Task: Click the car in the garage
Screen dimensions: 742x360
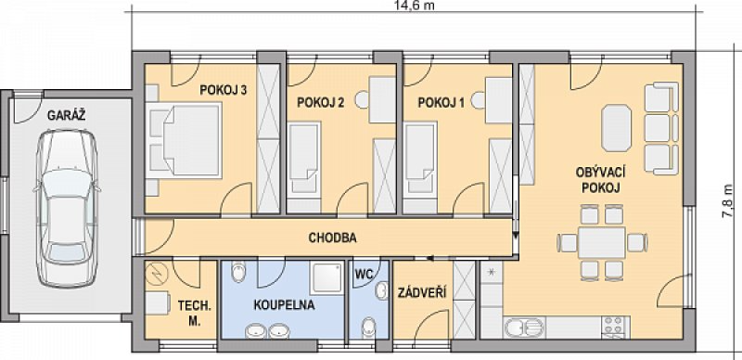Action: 67,209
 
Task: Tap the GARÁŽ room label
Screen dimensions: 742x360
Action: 66,115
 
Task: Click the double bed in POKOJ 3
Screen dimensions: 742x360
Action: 184,140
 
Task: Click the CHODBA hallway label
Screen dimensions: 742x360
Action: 332,238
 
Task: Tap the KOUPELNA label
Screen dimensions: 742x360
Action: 284,305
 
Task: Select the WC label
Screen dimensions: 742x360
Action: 365,274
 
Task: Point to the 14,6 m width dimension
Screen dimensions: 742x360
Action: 414,6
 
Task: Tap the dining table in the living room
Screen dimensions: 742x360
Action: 602,242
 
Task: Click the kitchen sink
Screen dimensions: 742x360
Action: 524,328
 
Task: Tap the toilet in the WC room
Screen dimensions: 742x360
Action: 368,328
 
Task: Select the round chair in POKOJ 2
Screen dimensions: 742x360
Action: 363,99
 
